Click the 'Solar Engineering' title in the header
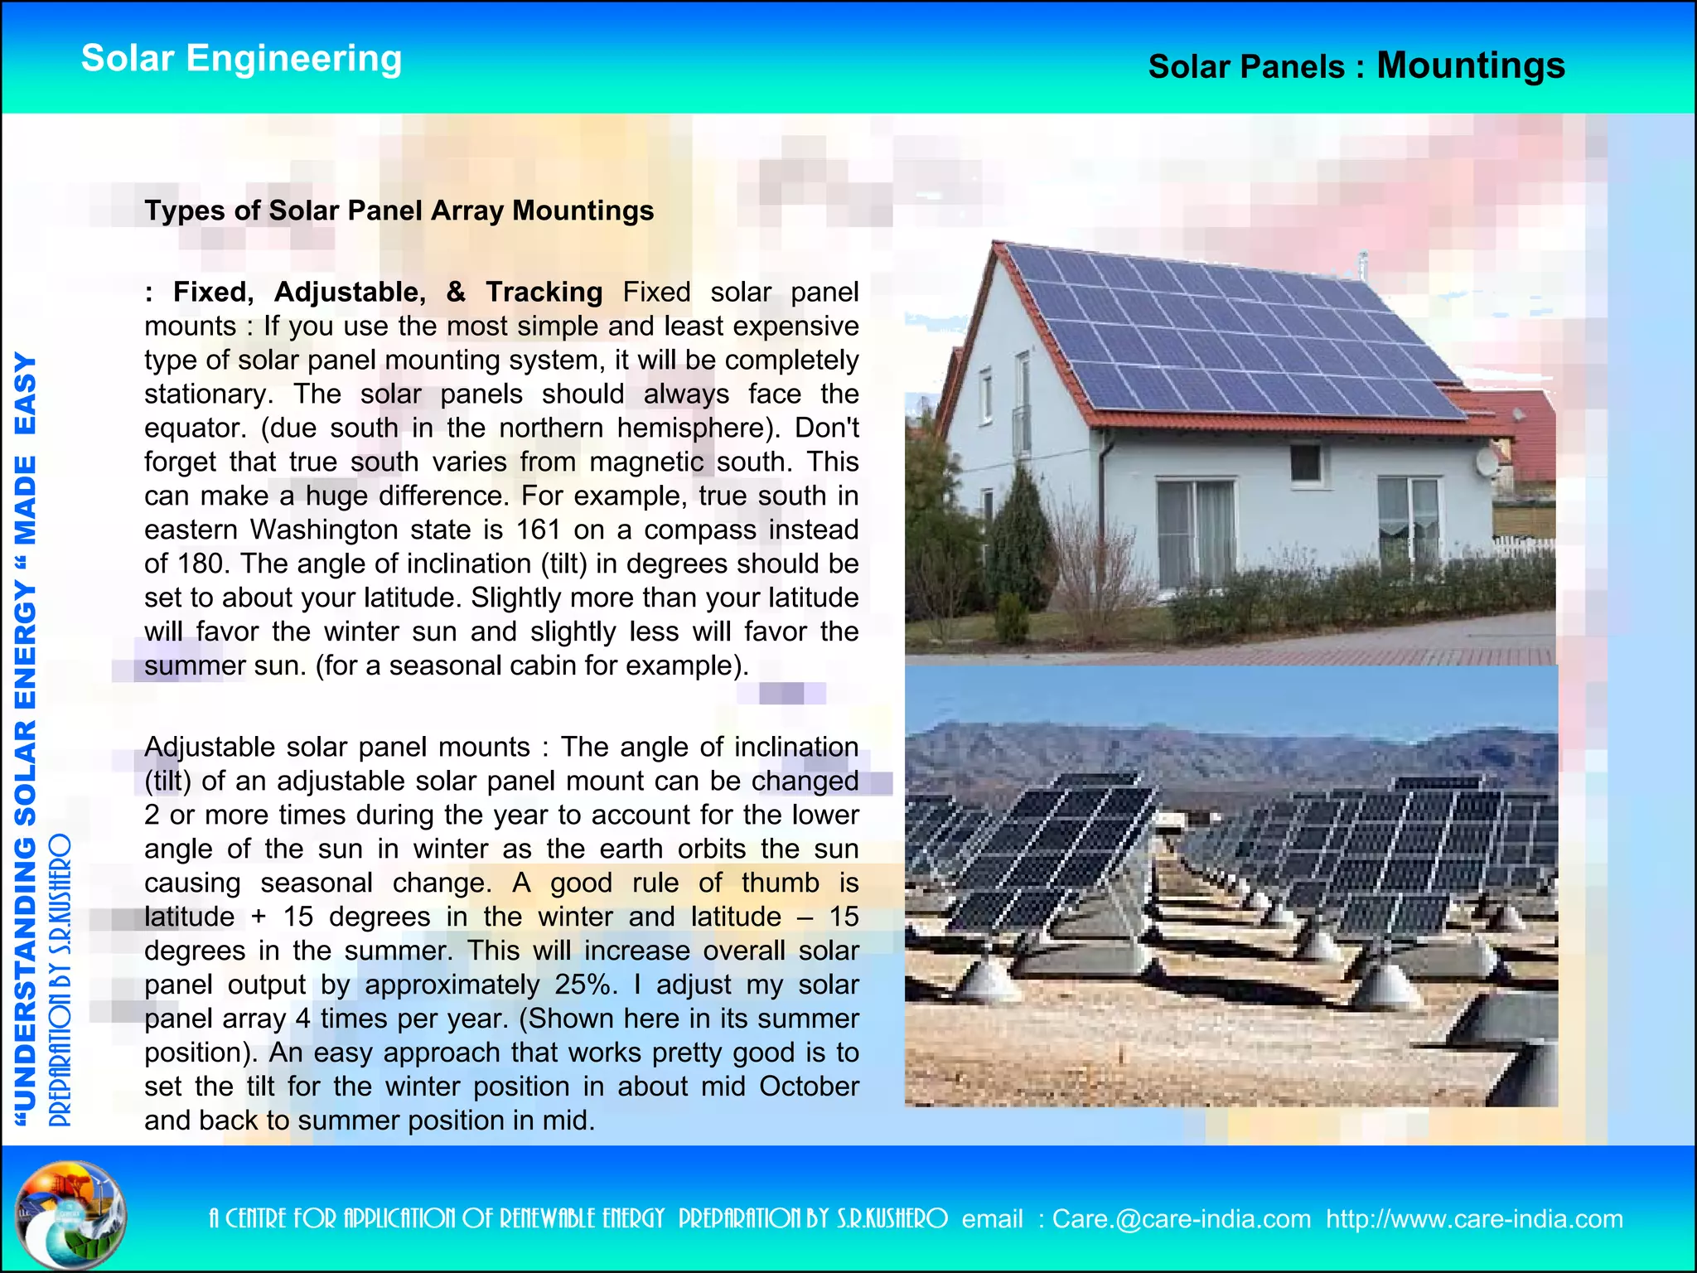pyautogui.click(x=241, y=59)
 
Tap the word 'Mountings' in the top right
pyautogui.click(x=1471, y=65)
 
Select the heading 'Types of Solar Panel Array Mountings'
pyautogui.click(x=399, y=211)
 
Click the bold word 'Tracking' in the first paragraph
pyautogui.click(x=544, y=292)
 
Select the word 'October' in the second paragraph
pyautogui.click(x=809, y=1087)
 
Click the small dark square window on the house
pyautogui.click(x=1305, y=463)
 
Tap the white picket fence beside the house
pyautogui.click(x=1523, y=547)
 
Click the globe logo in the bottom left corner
pyautogui.click(x=70, y=1214)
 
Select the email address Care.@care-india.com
pyautogui.click(x=1182, y=1219)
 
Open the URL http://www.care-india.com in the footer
pyautogui.click(x=1474, y=1219)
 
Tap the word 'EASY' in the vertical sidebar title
pyautogui.click(x=25, y=394)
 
